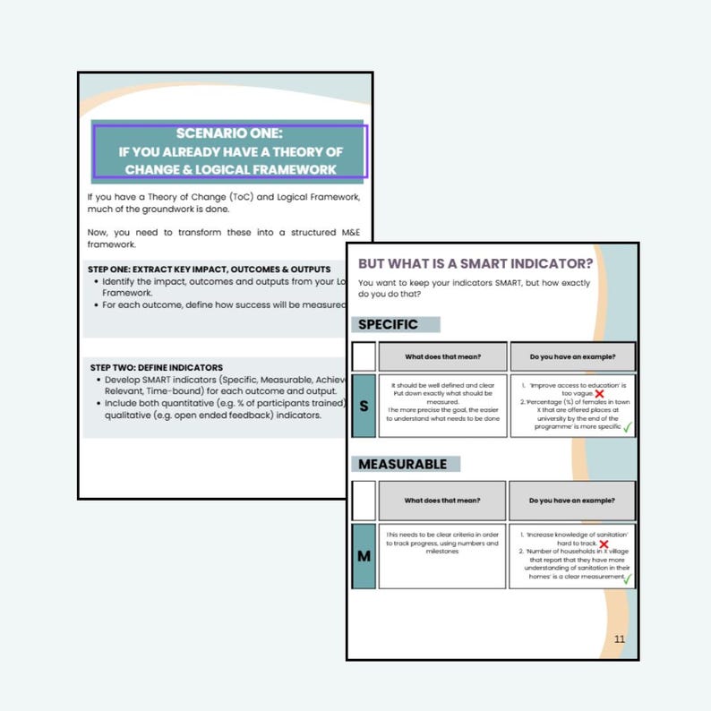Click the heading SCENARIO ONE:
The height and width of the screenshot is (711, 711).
[229, 133]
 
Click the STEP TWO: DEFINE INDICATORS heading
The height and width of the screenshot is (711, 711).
[157, 367]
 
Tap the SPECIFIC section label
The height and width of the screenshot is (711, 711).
[388, 324]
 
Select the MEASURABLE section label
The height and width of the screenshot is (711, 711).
[403, 464]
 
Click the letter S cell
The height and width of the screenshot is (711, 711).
[364, 406]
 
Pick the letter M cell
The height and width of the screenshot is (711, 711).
[364, 556]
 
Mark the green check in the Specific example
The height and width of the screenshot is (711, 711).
[627, 427]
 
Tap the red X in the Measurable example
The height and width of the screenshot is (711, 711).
[604, 544]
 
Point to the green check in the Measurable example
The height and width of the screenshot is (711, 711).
[627, 578]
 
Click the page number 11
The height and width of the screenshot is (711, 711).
[620, 638]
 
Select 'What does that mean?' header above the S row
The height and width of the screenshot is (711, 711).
[442, 356]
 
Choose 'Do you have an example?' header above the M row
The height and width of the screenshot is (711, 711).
[572, 501]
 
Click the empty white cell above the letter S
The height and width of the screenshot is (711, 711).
[364, 356]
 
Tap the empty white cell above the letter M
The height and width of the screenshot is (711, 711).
[364, 501]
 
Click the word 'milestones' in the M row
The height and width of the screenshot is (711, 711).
[442, 552]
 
